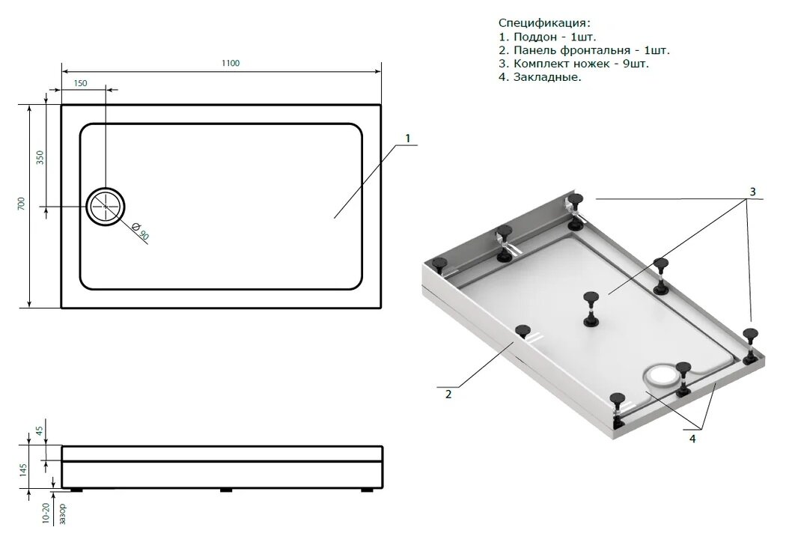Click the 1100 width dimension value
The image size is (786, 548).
point(231,63)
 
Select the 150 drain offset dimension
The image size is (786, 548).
point(80,83)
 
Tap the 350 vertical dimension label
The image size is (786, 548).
point(40,157)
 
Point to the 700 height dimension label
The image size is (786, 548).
point(21,204)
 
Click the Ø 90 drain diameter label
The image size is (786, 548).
point(140,232)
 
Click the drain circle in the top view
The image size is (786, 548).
point(105,188)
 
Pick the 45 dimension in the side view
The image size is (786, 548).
point(40,430)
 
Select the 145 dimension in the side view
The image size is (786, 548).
point(23,470)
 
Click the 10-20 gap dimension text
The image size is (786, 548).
point(46,514)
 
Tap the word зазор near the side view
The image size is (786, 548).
point(63,514)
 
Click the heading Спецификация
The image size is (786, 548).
point(544,23)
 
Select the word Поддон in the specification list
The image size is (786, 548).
point(535,37)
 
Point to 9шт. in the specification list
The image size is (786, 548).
point(636,64)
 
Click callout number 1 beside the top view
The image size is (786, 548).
point(407,138)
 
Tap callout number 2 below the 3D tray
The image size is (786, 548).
point(448,395)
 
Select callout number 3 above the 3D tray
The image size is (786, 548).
point(752,192)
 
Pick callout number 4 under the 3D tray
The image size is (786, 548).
point(692,439)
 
